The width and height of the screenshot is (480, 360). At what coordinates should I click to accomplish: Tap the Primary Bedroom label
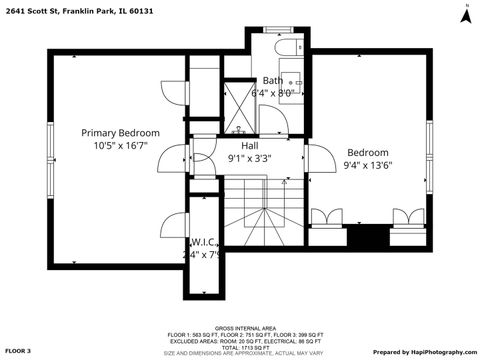(120, 133)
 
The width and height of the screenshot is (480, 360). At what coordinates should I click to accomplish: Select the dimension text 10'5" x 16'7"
(120, 146)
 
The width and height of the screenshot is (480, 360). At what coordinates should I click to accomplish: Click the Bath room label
(272, 81)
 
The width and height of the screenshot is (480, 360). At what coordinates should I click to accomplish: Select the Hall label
(249, 145)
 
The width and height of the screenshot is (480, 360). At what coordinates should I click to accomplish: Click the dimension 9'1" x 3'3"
(249, 157)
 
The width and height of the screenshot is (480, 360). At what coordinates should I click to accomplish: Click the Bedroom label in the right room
(366, 153)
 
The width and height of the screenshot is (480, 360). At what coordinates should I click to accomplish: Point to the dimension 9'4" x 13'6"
(366, 166)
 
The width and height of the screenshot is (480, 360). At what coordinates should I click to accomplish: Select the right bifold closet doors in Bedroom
(406, 216)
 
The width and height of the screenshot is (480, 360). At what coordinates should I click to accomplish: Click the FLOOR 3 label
(18, 351)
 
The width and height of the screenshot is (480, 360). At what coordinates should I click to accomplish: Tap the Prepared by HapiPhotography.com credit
(425, 351)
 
